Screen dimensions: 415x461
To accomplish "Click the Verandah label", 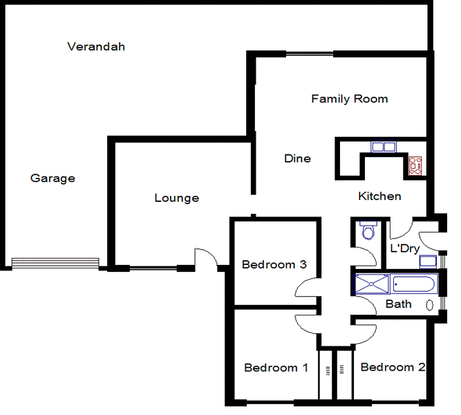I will click(x=96, y=47).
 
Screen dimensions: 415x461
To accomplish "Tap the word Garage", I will click(x=53, y=178).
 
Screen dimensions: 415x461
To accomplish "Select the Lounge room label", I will click(x=176, y=199).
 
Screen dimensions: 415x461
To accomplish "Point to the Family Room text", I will click(x=349, y=99).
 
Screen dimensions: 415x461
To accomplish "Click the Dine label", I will click(x=297, y=158).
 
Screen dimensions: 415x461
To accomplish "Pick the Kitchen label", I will click(x=379, y=196).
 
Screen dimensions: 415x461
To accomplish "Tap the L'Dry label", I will click(x=404, y=248).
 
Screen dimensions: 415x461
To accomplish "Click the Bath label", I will click(x=399, y=304).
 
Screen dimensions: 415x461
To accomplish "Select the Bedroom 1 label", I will click(x=276, y=368).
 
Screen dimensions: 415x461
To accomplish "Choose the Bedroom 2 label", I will click(x=393, y=367).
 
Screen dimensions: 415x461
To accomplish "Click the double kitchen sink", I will click(x=382, y=147).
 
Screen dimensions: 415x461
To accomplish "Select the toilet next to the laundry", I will click(x=366, y=231).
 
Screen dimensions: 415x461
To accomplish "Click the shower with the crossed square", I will click(x=372, y=284).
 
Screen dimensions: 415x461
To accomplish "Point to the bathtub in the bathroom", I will click(x=413, y=284).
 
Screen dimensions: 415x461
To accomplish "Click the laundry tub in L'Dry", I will click(x=428, y=261).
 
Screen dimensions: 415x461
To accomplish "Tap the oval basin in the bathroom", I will click(x=429, y=304).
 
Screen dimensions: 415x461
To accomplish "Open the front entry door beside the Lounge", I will click(x=207, y=258).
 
